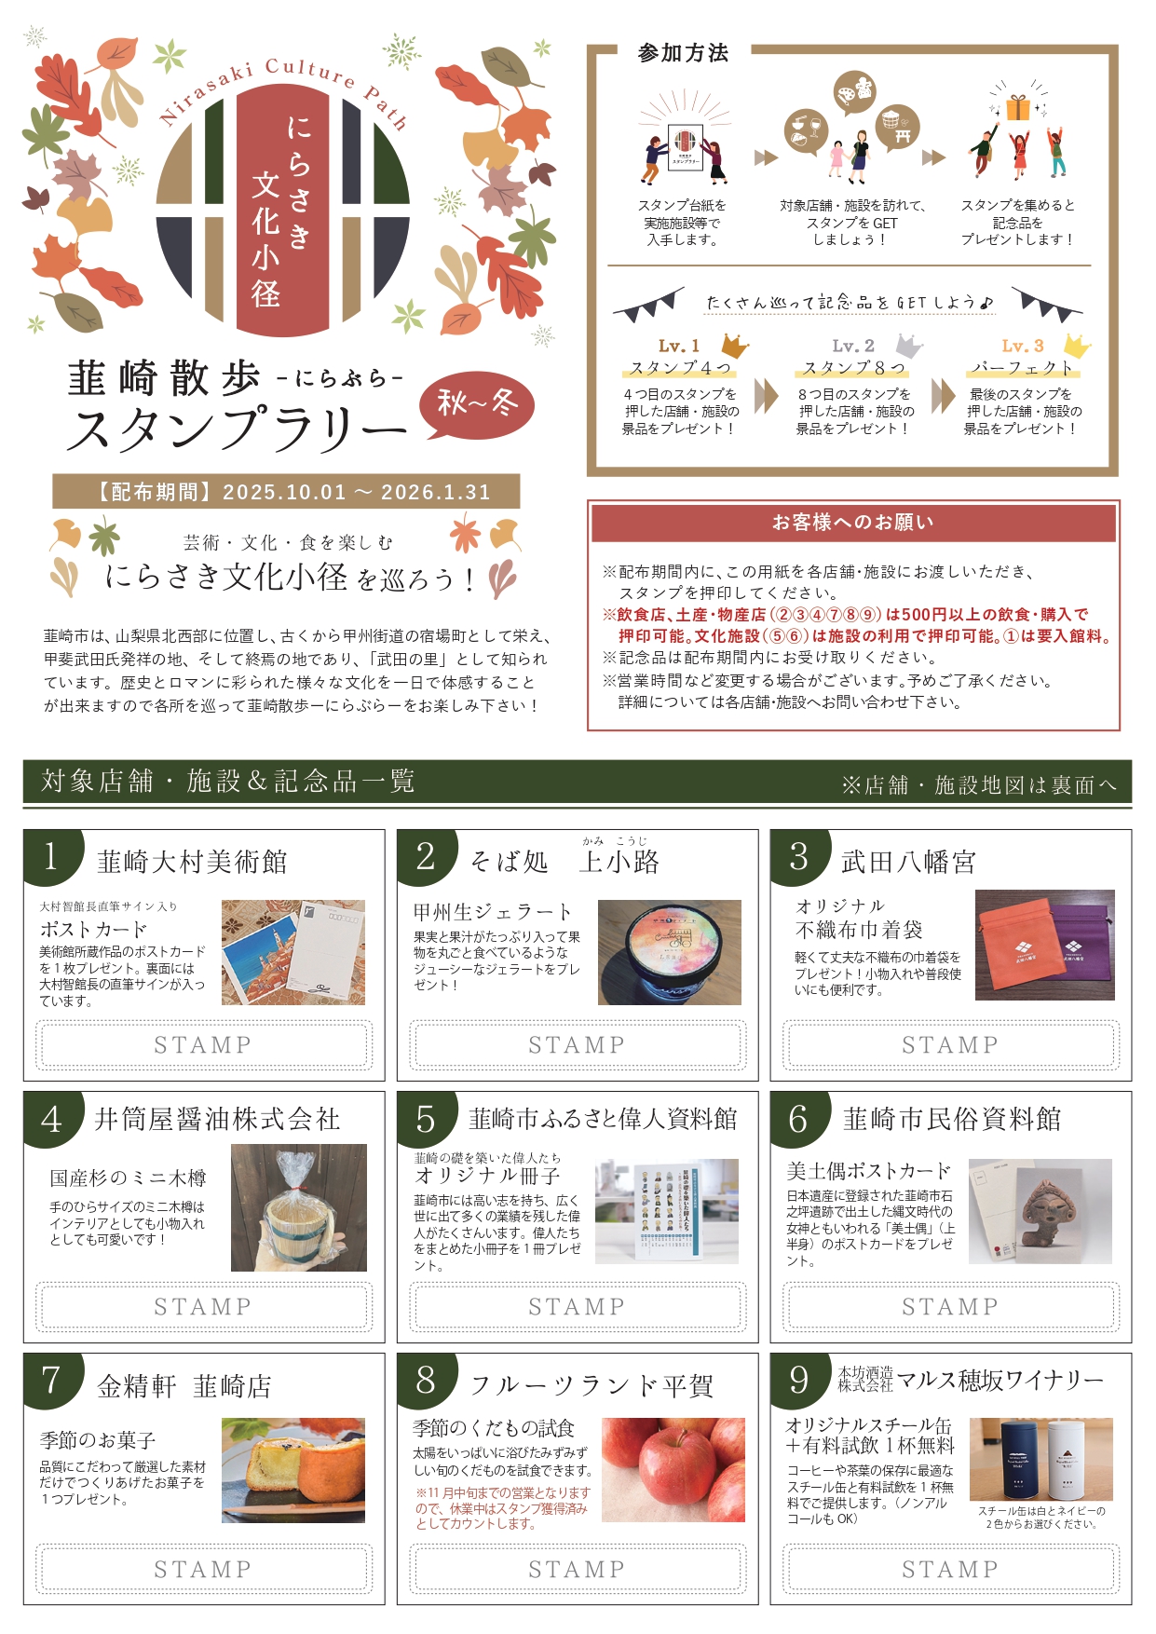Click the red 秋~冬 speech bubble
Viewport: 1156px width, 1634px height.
pyautogui.click(x=477, y=405)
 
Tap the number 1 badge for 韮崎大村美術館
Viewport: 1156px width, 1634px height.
pyautogui.click(x=51, y=856)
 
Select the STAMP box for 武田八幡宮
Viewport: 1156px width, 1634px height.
pyautogui.click(x=950, y=1044)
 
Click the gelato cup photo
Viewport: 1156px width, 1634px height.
pyautogui.click(x=669, y=952)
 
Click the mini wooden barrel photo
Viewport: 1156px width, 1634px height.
pyautogui.click(x=298, y=1208)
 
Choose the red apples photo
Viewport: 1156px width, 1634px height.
pyautogui.click(x=673, y=1470)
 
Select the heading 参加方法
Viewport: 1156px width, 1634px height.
pyautogui.click(x=683, y=53)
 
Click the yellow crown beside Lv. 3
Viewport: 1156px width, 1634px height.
pyautogui.click(x=1077, y=346)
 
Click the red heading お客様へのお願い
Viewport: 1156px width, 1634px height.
pyautogui.click(x=852, y=523)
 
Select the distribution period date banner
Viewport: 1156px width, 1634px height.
pyautogui.click(x=286, y=492)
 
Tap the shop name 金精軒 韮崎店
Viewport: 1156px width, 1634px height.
pyautogui.click(x=184, y=1386)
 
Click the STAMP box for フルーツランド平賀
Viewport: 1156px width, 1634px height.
pyautogui.click(x=578, y=1569)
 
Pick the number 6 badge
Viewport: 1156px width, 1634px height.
pyautogui.click(x=798, y=1119)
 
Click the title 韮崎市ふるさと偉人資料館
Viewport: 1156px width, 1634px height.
pyautogui.click(x=603, y=1119)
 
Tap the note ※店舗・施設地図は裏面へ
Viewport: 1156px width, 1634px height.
pyautogui.click(x=978, y=785)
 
